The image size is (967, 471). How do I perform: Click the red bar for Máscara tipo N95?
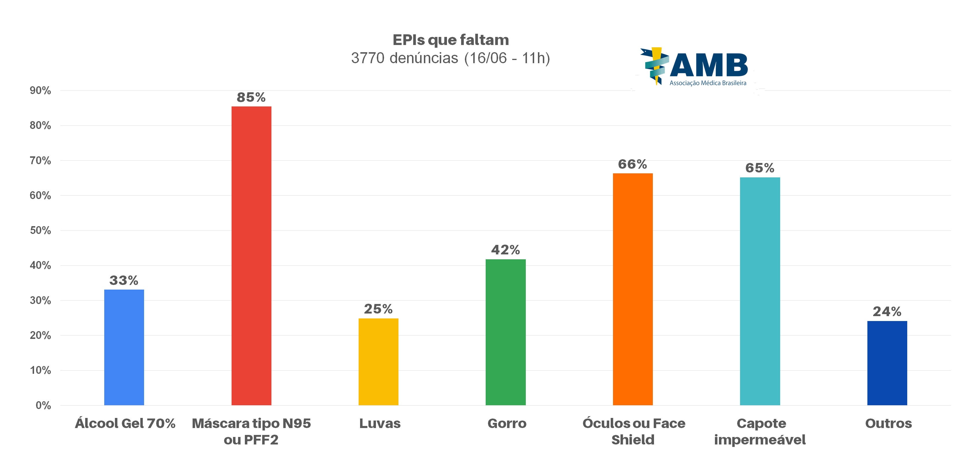tap(251, 255)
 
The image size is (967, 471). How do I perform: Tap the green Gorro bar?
tap(505, 332)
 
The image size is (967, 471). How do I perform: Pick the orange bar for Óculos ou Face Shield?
tap(633, 289)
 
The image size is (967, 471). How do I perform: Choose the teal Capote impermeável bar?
tap(760, 291)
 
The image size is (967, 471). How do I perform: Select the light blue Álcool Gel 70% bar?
tap(124, 347)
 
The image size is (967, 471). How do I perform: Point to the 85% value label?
tap(251, 97)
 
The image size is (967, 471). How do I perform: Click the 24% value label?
tap(887, 312)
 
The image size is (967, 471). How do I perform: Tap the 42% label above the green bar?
tap(505, 250)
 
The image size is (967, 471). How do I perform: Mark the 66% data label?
tap(633, 164)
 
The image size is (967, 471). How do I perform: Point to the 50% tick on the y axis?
tap(40, 230)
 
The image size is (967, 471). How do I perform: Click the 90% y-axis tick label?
tap(40, 90)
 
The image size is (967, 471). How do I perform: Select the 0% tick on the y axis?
tap(43, 405)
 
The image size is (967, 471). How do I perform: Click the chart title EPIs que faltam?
tap(450, 40)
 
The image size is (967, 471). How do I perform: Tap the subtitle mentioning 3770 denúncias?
tap(450, 58)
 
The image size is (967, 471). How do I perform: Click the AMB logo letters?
tap(709, 65)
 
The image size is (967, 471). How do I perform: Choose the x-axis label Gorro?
tap(507, 423)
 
